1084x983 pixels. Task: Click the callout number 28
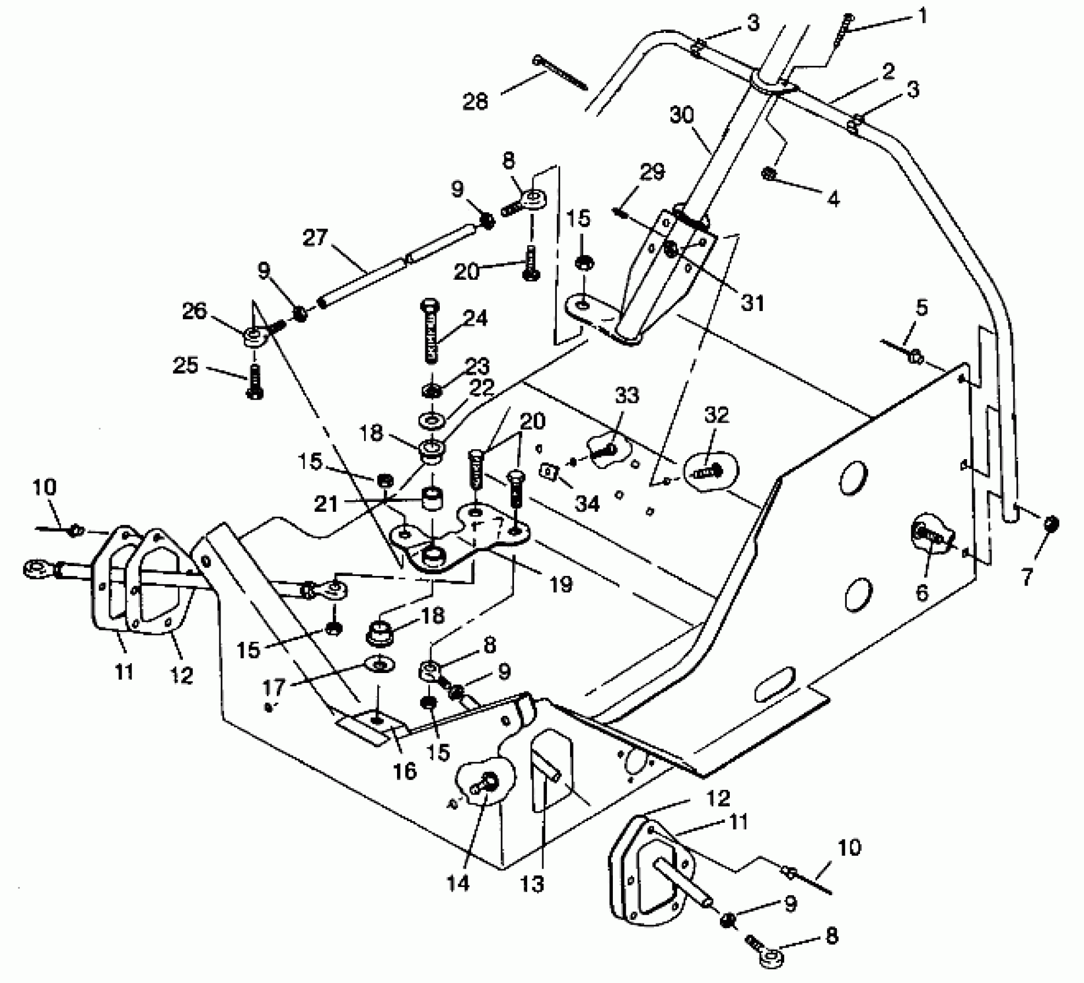(476, 102)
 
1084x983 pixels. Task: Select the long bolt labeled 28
(560, 73)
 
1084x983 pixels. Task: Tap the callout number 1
(923, 16)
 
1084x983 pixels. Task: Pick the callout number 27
(315, 238)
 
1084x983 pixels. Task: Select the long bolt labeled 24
(431, 331)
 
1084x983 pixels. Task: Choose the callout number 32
(716, 415)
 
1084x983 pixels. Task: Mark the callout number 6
(921, 592)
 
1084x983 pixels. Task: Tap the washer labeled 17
(380, 665)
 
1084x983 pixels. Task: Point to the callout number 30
(682, 115)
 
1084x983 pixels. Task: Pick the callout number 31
(752, 302)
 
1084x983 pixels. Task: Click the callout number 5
(921, 307)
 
